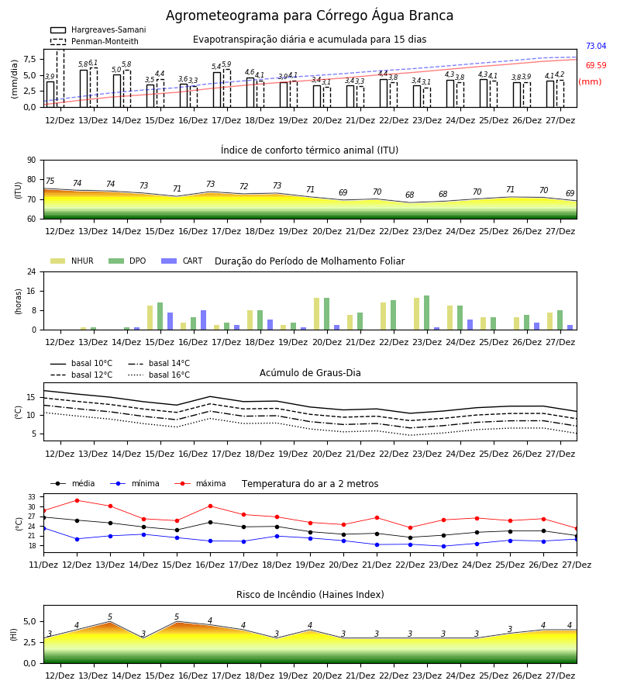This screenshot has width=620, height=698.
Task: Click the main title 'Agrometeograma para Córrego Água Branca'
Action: (x=309, y=16)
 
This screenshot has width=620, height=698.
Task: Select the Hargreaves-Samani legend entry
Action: (x=98, y=29)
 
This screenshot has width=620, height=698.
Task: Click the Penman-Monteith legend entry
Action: (x=95, y=41)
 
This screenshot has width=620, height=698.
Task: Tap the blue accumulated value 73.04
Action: (x=596, y=46)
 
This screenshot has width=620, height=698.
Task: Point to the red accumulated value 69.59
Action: (x=596, y=65)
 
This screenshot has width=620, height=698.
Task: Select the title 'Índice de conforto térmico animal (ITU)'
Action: (x=309, y=150)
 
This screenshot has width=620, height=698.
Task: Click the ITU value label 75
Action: (x=50, y=181)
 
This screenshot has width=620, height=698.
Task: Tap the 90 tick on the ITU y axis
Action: (x=32, y=160)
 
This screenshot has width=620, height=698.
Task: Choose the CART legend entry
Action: (x=182, y=261)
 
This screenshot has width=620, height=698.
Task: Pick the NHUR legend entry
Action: (x=72, y=261)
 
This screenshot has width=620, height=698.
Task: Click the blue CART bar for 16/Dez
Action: (x=203, y=320)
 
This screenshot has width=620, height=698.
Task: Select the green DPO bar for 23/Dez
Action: (x=426, y=313)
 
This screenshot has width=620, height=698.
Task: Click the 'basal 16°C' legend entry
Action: (x=159, y=375)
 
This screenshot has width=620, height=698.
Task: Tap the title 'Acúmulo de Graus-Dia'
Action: (x=310, y=372)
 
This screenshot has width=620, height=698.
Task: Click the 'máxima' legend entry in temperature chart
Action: (x=201, y=483)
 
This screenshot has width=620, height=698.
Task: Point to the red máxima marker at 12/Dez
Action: (x=77, y=500)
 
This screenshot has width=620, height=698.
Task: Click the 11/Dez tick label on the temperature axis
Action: (x=43, y=565)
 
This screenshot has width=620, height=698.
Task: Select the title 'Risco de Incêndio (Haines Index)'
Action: (x=310, y=595)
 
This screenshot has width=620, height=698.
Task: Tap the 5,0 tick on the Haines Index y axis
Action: (x=29, y=621)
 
